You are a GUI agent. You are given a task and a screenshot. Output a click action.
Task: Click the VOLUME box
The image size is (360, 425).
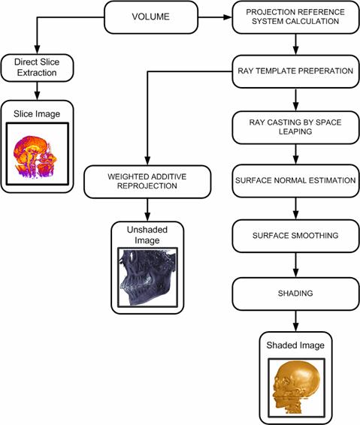151,17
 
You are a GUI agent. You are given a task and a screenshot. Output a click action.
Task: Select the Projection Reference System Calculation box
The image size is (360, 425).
295,17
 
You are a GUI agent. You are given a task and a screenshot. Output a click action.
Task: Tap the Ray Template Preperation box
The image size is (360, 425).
295,71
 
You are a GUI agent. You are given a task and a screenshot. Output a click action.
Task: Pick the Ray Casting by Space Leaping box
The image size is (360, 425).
295,127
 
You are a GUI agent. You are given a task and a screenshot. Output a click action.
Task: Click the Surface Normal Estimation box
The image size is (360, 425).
295,181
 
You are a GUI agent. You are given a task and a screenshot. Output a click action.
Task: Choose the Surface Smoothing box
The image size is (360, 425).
295,236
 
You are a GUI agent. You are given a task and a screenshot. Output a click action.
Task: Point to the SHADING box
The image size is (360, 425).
295,294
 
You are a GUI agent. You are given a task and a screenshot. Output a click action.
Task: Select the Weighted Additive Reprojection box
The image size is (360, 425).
147,182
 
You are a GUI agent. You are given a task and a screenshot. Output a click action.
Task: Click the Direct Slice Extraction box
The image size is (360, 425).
37,68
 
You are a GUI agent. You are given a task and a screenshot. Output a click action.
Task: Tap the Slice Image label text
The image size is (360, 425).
37,114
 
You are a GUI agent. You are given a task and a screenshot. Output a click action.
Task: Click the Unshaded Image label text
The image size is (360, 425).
147,235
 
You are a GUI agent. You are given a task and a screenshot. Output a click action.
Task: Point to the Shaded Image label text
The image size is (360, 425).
295,345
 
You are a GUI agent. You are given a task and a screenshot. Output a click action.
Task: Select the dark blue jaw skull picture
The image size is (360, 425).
147,277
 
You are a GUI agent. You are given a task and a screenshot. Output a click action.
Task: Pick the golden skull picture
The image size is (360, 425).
296,388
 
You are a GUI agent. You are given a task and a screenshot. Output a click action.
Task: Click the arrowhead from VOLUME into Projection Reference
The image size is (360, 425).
228,17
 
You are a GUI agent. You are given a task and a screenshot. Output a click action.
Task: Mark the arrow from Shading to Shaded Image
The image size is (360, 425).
295,321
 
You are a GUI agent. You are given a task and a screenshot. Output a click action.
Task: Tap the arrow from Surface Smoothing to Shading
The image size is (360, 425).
295,265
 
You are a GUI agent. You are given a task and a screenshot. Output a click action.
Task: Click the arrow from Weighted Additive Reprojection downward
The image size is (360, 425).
147,209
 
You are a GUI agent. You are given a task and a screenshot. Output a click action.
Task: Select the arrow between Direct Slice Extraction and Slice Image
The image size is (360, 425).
37,91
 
